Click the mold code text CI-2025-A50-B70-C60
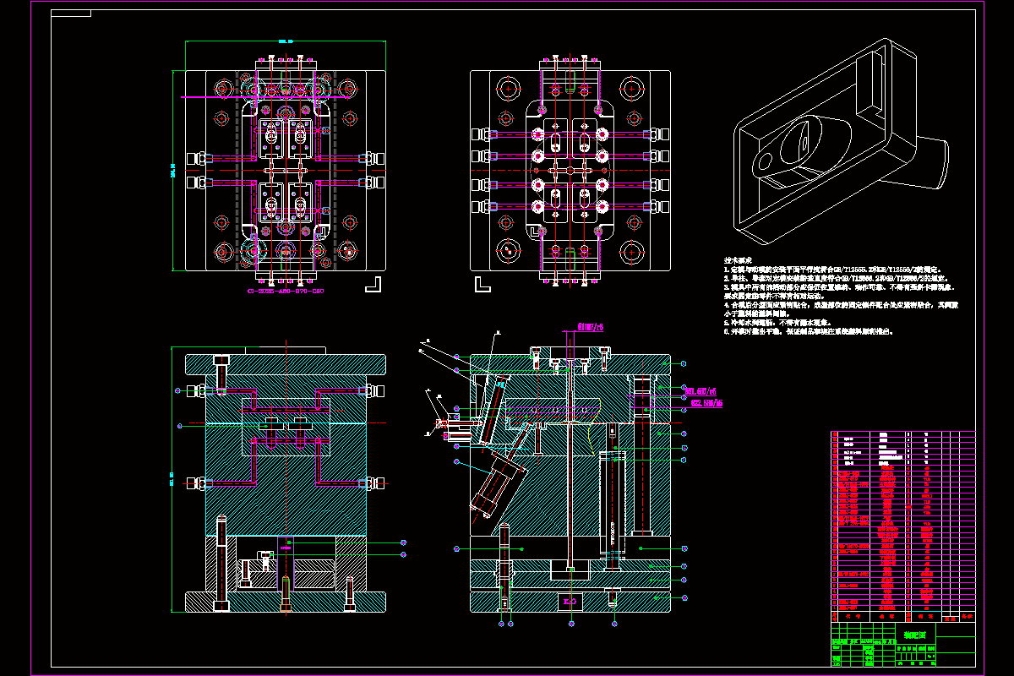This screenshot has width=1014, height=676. pos(285,291)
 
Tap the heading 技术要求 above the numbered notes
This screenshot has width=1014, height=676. pos(738,260)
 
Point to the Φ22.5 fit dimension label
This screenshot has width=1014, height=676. pos(706,403)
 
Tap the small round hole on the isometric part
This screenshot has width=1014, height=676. pos(765,160)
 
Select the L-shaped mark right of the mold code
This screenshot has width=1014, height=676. pos(373,284)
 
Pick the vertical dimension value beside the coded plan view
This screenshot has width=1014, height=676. pos(172,171)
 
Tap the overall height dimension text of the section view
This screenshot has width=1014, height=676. pos(172,479)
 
